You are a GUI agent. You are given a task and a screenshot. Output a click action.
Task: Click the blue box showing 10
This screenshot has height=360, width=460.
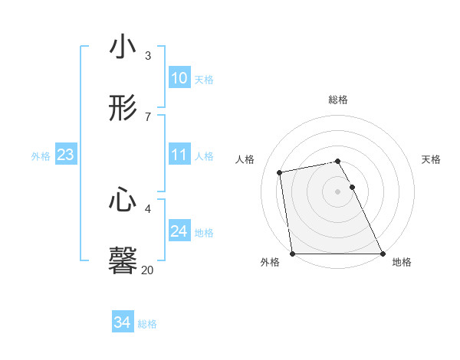tap(179, 78)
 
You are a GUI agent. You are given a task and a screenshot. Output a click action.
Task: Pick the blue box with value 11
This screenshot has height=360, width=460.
tap(179, 155)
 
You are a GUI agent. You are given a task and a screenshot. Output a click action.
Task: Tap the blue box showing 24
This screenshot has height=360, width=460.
tap(179, 231)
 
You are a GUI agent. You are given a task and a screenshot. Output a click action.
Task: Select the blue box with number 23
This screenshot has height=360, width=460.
tap(65, 155)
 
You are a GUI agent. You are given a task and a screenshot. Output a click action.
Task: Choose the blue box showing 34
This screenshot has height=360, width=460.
tap(122, 323)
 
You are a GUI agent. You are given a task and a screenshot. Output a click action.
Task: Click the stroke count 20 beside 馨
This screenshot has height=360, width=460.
tap(147, 270)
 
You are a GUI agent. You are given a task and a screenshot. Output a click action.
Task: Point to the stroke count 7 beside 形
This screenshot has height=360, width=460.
tap(148, 116)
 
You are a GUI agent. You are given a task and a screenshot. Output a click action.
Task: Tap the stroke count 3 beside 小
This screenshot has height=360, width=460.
tap(148, 55)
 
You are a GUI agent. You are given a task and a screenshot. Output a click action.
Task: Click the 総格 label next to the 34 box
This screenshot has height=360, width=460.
tap(147, 324)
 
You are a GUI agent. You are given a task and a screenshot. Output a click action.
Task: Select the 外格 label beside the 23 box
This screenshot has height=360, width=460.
tap(41, 156)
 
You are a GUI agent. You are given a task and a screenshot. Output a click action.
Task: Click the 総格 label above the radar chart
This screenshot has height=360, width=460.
tap(338, 100)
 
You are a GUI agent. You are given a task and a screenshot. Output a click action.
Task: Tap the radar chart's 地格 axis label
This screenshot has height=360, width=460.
tap(402, 263)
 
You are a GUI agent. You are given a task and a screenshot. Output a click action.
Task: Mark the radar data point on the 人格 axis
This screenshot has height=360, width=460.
tap(281, 172)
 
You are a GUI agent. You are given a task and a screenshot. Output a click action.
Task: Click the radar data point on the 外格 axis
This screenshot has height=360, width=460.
tap(293, 254)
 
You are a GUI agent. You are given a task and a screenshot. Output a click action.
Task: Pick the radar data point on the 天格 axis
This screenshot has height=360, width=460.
tap(353, 187)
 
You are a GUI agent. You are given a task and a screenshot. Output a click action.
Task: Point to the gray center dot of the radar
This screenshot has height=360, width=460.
tap(338, 191)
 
